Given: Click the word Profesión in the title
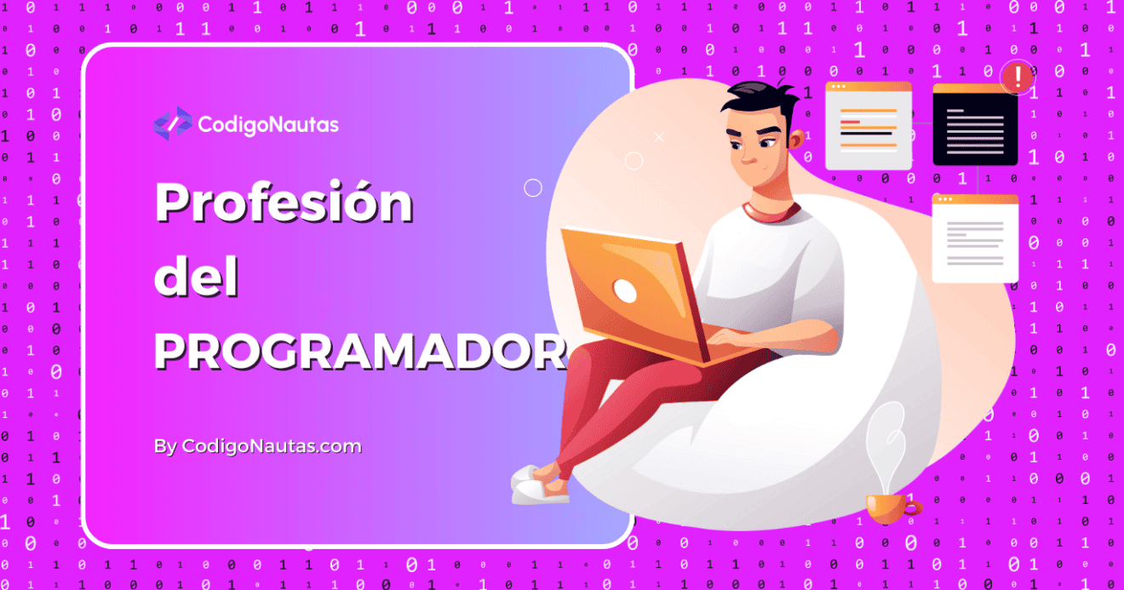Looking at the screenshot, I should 284,204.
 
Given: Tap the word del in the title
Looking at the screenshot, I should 197,278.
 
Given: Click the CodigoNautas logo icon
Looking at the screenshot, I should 173,124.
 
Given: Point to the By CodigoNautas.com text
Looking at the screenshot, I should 258,446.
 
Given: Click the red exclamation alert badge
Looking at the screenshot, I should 1017,77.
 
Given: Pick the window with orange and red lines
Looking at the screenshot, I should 868,125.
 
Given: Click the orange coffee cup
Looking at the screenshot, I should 889,508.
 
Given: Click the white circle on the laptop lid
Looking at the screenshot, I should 625,291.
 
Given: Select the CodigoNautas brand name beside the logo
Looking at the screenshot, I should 268,125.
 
